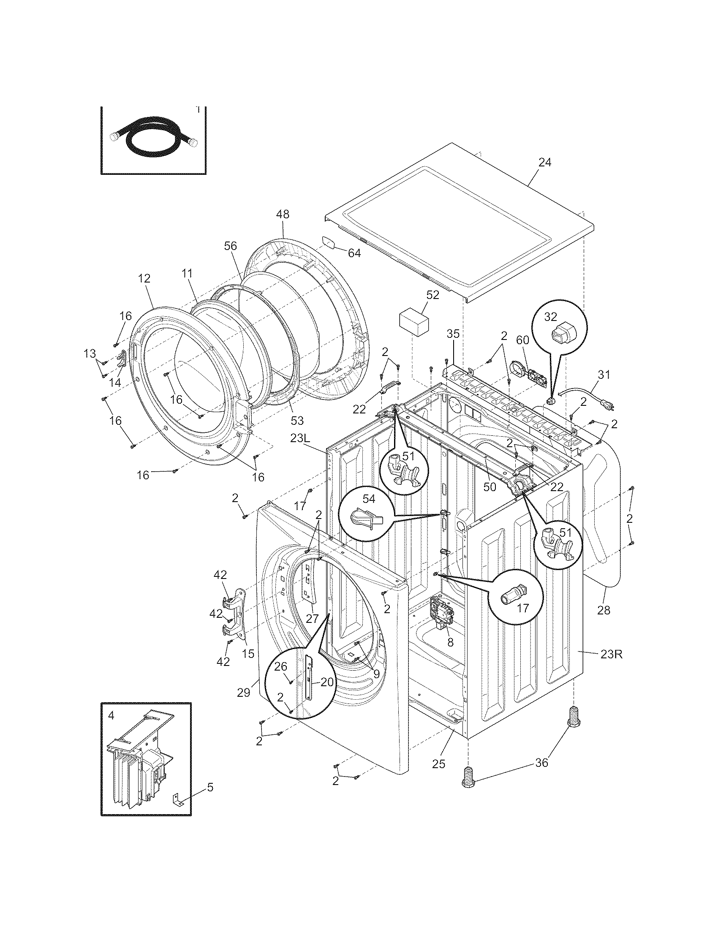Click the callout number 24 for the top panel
tap(544, 162)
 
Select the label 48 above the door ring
tap(283, 215)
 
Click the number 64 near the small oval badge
tap(354, 253)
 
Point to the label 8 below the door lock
tap(450, 643)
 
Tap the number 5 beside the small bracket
tap(210, 788)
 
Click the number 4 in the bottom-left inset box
tap(111, 715)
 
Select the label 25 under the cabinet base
tap(438, 764)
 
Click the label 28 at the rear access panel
tap(603, 610)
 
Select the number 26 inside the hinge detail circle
tap(280, 666)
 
